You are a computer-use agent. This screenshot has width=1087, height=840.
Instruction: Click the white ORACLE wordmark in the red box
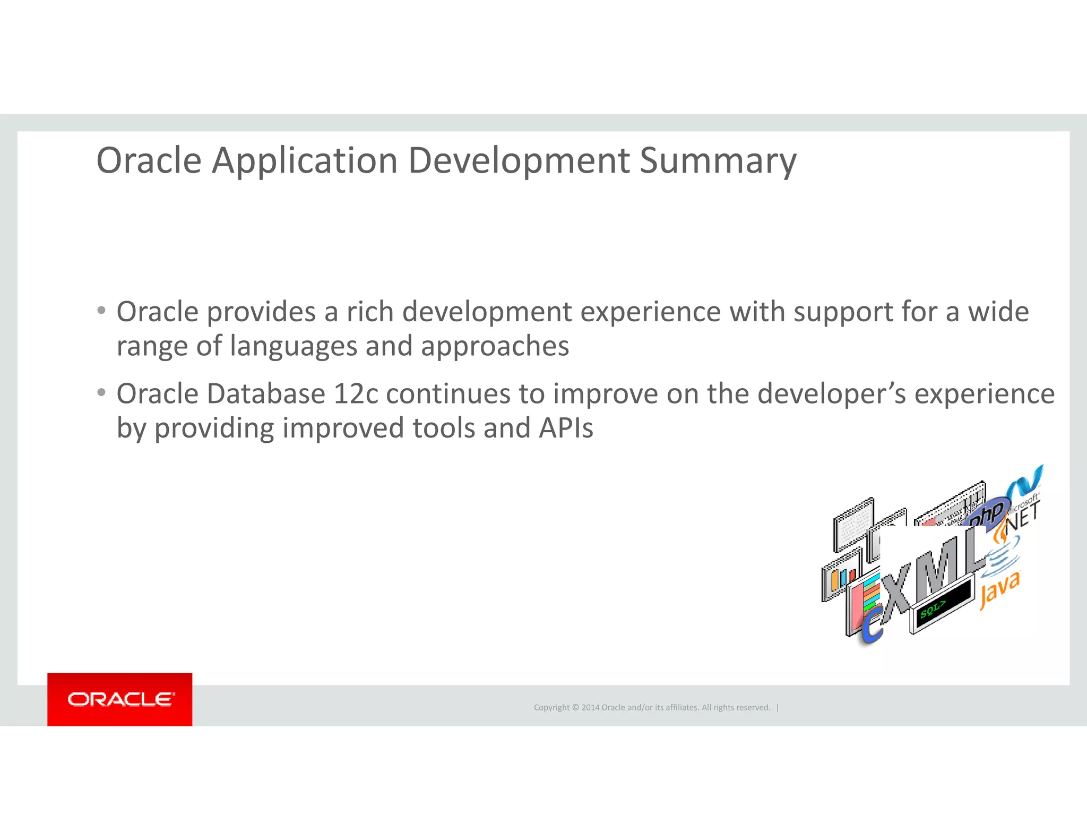(x=120, y=699)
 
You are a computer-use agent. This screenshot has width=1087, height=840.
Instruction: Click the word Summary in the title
(x=718, y=160)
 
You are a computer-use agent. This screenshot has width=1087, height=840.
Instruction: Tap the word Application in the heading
(x=305, y=160)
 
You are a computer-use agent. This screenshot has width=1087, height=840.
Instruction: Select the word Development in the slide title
(x=519, y=160)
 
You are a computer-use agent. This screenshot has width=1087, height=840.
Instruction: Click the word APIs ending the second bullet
(x=566, y=428)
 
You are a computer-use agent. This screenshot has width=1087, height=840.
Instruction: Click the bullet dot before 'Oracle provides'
(x=101, y=310)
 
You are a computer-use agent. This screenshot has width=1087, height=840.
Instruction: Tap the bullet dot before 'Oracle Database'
(x=101, y=393)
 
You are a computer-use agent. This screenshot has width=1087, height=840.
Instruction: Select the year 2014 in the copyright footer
(x=590, y=707)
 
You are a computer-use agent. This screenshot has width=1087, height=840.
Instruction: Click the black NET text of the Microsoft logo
(x=1022, y=516)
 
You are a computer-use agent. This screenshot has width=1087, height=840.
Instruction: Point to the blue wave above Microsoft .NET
(x=1027, y=481)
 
